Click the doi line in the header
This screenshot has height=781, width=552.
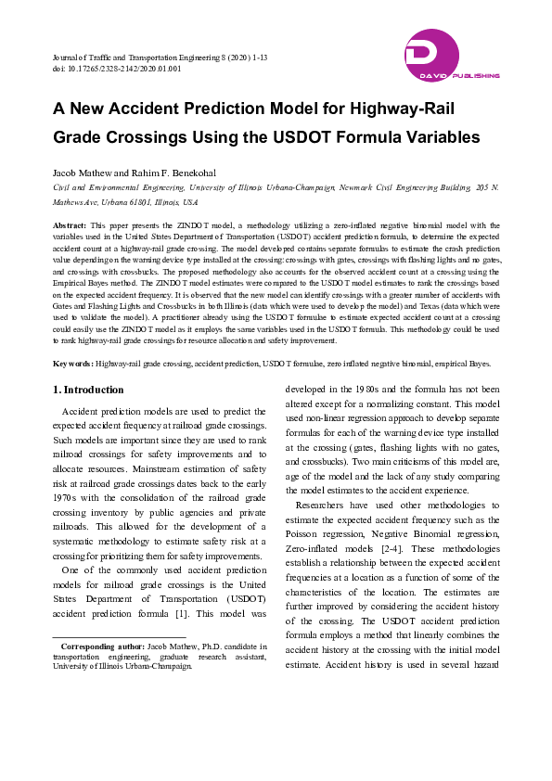pyautogui.click(x=117, y=69)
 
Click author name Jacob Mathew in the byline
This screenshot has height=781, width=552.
pyautogui.click(x=81, y=173)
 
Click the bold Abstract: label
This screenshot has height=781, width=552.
pyautogui.click(x=70, y=224)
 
